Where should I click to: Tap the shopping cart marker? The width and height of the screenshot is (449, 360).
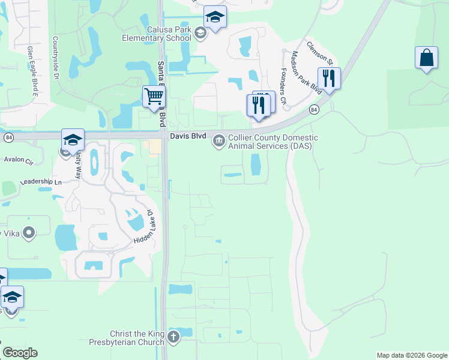(154, 95)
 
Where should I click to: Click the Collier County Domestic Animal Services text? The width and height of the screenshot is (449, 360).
(264, 142)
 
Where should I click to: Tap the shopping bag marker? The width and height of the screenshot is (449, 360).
(426, 58)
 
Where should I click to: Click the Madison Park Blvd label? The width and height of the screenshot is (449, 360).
(306, 73)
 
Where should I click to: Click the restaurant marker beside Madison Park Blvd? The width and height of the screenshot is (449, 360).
(329, 79)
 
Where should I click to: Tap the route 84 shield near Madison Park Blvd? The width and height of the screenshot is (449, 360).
(314, 109)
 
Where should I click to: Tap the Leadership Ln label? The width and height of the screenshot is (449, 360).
(41, 182)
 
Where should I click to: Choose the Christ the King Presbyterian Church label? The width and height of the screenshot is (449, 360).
(137, 338)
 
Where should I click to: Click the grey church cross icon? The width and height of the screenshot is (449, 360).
(173, 337)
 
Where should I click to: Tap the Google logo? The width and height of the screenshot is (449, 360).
(20, 353)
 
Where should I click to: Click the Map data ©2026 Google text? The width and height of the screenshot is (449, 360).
(411, 355)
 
